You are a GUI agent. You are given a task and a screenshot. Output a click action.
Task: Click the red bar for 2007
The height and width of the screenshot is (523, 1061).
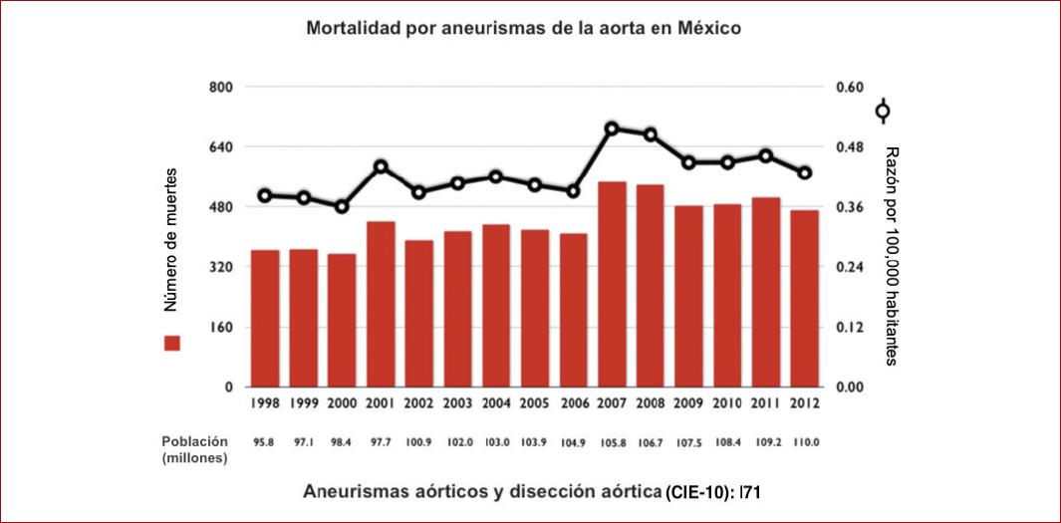pyautogui.click(x=612, y=284)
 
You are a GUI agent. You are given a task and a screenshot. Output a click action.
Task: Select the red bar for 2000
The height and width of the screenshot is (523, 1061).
pyautogui.click(x=342, y=320)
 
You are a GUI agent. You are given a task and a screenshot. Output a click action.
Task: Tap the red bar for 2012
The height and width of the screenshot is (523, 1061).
pyautogui.click(x=805, y=298)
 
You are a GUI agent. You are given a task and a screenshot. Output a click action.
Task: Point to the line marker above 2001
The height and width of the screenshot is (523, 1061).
pyautogui.click(x=381, y=166)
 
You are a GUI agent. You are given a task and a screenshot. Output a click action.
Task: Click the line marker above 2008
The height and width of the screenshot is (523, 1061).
pyautogui.click(x=651, y=134)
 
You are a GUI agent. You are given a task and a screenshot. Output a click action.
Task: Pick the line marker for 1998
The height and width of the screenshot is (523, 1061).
pyautogui.click(x=265, y=195)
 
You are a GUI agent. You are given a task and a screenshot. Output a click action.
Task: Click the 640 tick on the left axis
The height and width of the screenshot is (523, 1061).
pyautogui.click(x=218, y=147)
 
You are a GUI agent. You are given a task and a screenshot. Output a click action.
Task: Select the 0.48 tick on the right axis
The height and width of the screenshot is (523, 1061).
pyautogui.click(x=848, y=147)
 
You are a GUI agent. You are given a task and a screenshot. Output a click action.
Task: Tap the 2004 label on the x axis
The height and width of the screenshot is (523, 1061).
pyautogui.click(x=496, y=404)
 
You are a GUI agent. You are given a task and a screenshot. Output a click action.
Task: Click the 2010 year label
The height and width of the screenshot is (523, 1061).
pyautogui.click(x=727, y=404)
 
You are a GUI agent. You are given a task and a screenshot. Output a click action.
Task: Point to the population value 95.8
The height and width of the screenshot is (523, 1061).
pyautogui.click(x=265, y=441)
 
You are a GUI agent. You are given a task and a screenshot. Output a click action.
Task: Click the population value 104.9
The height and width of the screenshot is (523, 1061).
pyautogui.click(x=574, y=441)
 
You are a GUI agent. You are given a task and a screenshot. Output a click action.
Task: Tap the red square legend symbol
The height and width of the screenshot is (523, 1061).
pyautogui.click(x=172, y=343)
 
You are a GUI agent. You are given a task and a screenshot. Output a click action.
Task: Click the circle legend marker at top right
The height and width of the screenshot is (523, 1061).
pyautogui.click(x=883, y=111)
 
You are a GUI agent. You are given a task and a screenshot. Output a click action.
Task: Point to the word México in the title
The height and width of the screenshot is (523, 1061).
pyautogui.click(x=705, y=29)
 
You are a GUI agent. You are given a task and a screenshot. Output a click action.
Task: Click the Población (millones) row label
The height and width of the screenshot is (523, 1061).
pyautogui.click(x=195, y=448)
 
